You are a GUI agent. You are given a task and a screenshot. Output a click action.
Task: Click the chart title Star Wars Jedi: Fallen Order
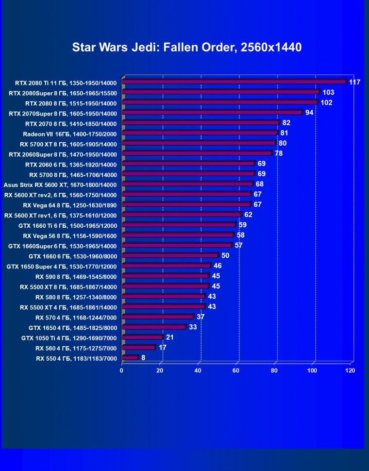(x=187, y=47)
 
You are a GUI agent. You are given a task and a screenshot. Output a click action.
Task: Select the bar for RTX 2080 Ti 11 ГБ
(x=235, y=82)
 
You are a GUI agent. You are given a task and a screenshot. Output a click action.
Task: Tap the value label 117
(x=354, y=82)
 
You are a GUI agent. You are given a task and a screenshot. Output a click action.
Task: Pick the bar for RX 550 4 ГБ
(x=131, y=358)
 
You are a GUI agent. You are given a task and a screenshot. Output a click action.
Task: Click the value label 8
(x=143, y=357)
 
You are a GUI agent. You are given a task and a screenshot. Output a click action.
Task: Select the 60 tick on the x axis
(x=236, y=370)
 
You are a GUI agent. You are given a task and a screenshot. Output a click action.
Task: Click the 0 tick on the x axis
(x=122, y=370)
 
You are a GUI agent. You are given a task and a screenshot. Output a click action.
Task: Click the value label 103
(x=329, y=92)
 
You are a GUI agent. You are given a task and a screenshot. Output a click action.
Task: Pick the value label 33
(x=193, y=327)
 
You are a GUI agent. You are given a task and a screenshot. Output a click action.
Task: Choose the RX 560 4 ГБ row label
(x=76, y=348)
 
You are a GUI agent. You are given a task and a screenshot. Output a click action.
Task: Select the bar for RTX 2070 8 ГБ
(x=201, y=123)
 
